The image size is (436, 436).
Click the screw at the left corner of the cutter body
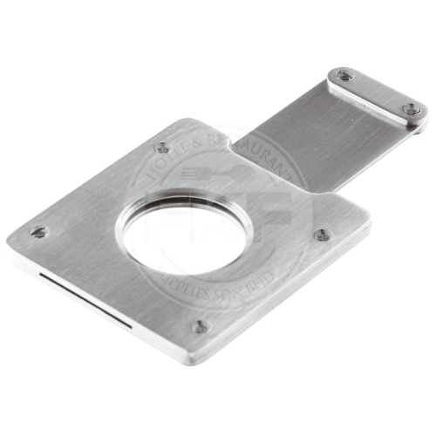38,232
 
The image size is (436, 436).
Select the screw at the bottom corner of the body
201,327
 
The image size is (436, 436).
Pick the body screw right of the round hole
323,235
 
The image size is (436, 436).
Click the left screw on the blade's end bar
344,77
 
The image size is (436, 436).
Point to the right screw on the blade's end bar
410,108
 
